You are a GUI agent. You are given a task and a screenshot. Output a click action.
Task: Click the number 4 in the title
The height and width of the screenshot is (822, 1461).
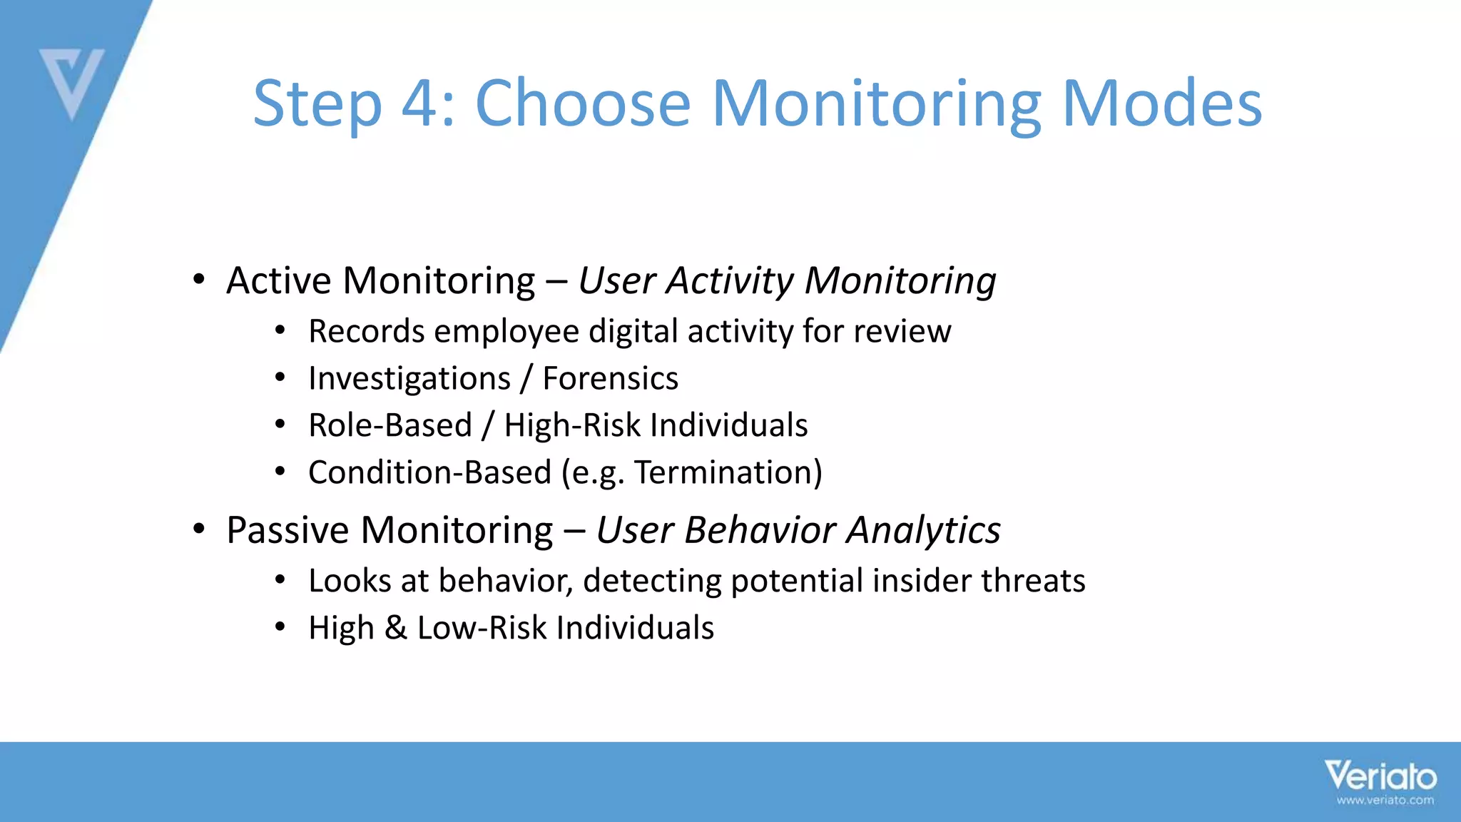(424, 104)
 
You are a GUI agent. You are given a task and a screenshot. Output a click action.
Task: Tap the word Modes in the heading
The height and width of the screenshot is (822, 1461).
(1162, 104)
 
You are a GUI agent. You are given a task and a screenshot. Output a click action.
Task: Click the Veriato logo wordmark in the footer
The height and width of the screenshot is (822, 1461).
(1380, 776)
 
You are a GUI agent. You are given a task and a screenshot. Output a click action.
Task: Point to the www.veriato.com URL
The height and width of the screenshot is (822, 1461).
(1385, 801)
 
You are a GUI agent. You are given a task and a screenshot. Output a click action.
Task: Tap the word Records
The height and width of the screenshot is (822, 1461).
(366, 332)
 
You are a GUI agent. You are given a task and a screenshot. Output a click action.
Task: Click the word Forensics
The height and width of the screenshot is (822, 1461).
(610, 378)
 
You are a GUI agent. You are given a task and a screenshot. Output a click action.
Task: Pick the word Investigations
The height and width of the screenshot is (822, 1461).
(409, 378)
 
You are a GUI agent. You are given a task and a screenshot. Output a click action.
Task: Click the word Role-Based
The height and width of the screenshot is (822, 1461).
(390, 426)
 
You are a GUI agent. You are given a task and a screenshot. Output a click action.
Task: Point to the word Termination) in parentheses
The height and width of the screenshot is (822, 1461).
(728, 472)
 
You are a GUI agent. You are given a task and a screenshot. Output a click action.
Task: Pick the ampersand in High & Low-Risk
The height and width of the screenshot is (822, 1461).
(395, 628)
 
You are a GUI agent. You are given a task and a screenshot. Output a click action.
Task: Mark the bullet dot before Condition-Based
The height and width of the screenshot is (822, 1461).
(280, 472)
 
